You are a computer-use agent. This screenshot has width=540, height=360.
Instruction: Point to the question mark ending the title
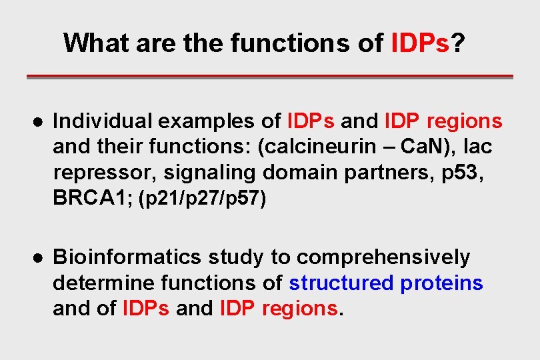tap(459, 43)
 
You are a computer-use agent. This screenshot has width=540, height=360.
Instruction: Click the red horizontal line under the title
tap(269, 77)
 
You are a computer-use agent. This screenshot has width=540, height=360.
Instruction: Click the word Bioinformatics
tap(126, 257)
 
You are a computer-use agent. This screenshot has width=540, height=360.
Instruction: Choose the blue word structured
tap(341, 283)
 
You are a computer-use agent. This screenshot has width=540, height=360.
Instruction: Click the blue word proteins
tap(441, 283)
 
